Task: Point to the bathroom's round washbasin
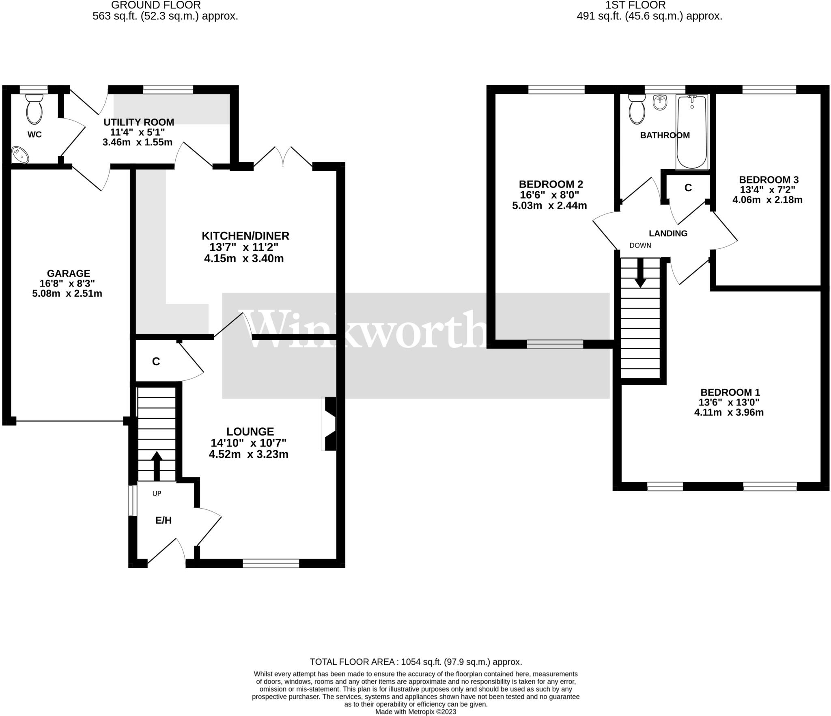coord(660,102)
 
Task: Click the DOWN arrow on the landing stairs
coord(640,272)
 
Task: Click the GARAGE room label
coord(68,274)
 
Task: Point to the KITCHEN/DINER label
coord(245,236)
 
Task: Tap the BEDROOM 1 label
coord(730,393)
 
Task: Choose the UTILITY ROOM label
coord(139,122)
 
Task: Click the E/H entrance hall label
coord(164,520)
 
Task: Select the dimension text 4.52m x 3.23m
coord(248,455)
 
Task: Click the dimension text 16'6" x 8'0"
coord(549,195)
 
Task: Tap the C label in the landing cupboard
coord(688,188)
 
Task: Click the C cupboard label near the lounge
coord(156,362)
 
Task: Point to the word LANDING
coord(668,233)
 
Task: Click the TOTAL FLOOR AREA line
coord(415,662)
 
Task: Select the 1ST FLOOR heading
coord(649,5)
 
